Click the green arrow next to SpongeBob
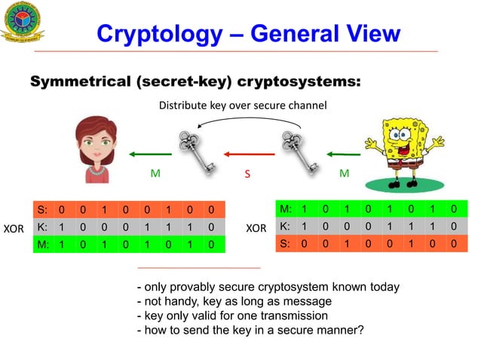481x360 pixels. (x=342, y=155)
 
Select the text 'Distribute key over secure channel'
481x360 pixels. (x=242, y=105)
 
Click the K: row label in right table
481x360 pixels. (x=285, y=226)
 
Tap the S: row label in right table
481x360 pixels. (x=285, y=243)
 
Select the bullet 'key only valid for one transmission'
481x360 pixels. (x=231, y=316)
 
